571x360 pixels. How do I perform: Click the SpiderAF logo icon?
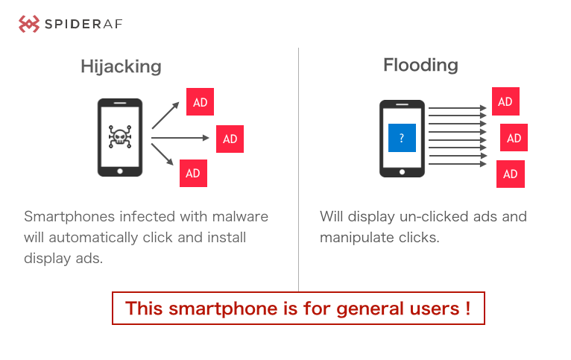28,24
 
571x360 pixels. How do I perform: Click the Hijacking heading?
121,66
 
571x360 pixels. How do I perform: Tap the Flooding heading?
420,65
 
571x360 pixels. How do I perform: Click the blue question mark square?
401,138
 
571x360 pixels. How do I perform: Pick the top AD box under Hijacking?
200,102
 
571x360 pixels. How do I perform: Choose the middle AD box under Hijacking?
230,139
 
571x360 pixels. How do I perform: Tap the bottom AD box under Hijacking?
193,173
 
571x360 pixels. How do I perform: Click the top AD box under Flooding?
505,101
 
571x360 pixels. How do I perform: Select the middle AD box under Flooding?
514,138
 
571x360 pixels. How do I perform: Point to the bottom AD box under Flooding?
511,174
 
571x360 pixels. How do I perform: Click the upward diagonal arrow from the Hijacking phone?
165,115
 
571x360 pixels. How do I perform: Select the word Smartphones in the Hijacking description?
69,217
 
